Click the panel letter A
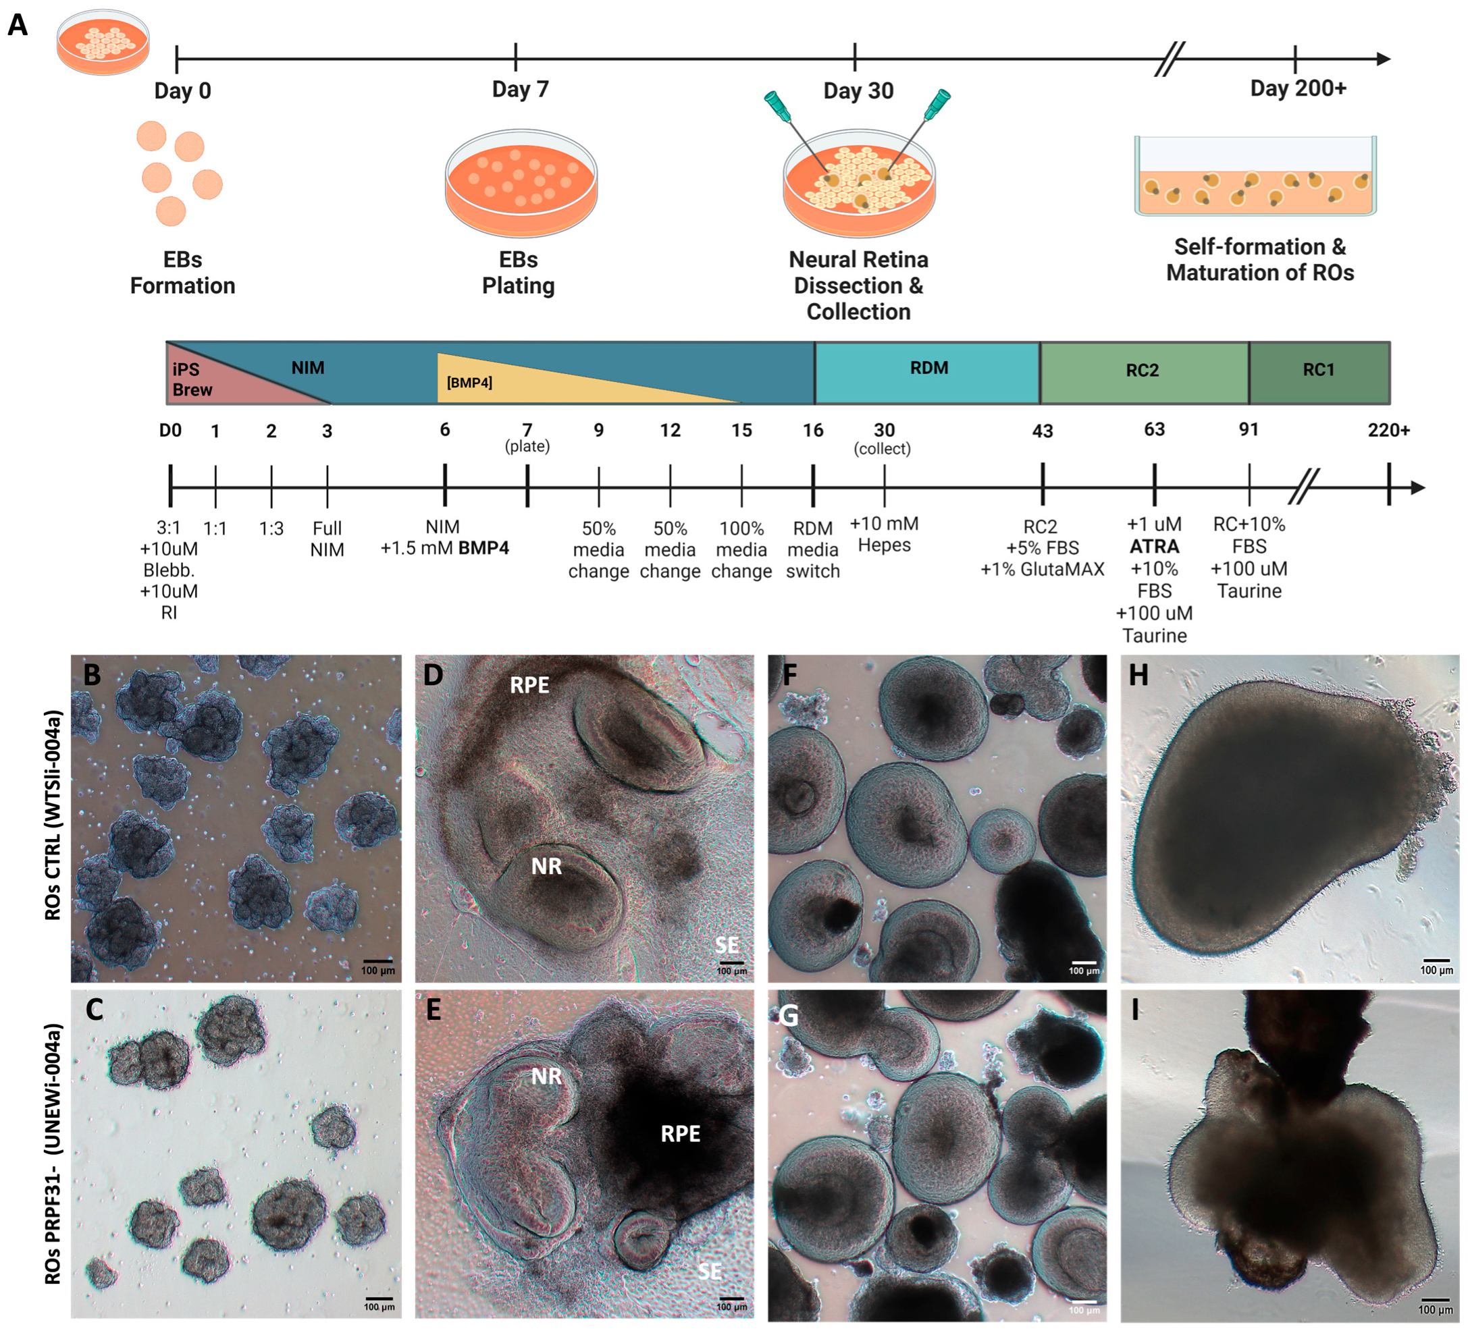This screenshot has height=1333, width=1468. pyautogui.click(x=18, y=25)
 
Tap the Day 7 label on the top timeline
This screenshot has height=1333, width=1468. pyautogui.click(x=520, y=90)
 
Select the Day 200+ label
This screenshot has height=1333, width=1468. pyautogui.click(x=1298, y=89)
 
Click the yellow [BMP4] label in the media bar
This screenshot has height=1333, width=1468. pyautogui.click(x=469, y=382)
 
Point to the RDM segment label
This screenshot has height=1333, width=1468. pyautogui.click(x=928, y=368)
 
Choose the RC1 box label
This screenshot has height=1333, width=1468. pyautogui.click(x=1318, y=370)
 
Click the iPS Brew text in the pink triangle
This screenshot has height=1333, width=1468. pyautogui.click(x=192, y=379)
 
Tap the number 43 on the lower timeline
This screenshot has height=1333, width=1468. pyautogui.click(x=1042, y=431)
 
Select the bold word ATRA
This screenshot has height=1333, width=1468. pyautogui.click(x=1154, y=546)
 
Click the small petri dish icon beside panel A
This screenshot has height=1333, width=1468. pyautogui.click(x=103, y=43)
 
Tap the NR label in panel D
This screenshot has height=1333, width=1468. pyautogui.click(x=546, y=867)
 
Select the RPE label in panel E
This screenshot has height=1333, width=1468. pyautogui.click(x=680, y=1133)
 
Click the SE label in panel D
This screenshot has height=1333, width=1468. pyautogui.click(x=726, y=945)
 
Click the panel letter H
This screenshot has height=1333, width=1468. pyautogui.click(x=1138, y=676)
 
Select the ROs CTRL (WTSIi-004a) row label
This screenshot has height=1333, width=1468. pyautogui.click(x=53, y=815)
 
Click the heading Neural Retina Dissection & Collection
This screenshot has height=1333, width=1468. pyautogui.click(x=858, y=285)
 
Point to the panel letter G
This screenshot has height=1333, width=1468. pyautogui.click(x=788, y=1015)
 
